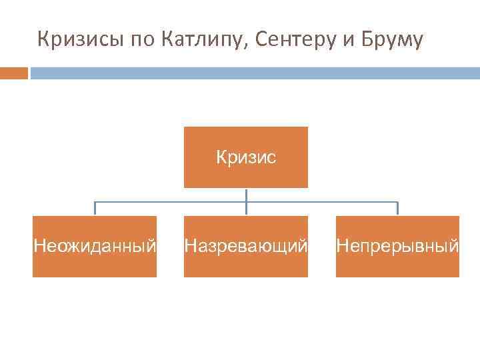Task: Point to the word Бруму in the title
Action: click(393, 41)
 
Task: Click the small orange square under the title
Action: click(13, 72)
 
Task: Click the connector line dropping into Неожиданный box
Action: click(95, 209)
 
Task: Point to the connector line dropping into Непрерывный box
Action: click(397, 209)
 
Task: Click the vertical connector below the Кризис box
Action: click(246, 195)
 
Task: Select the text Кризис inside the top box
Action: click(246, 158)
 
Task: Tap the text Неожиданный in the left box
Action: click(95, 247)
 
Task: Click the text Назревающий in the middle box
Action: click(246, 247)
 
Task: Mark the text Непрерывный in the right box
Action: click(397, 247)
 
